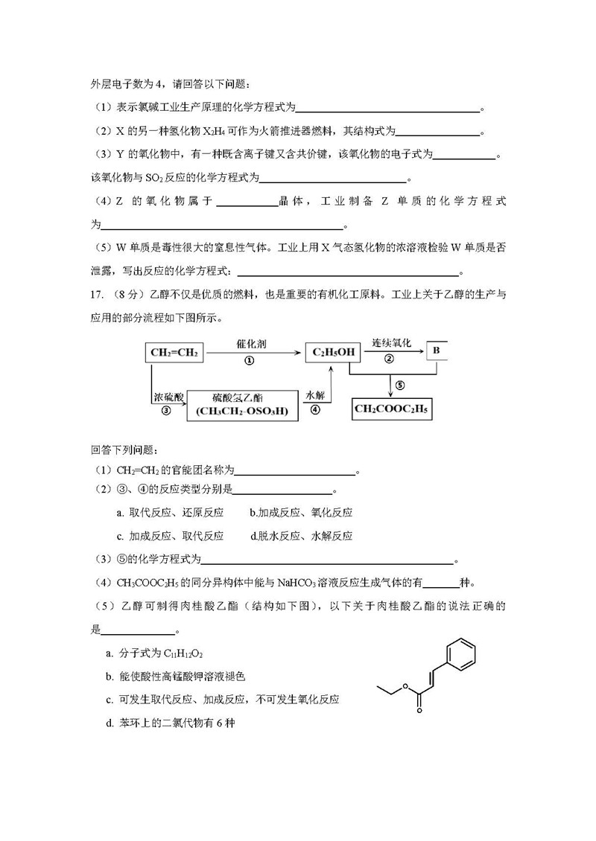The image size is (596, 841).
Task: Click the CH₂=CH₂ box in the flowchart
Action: [x=174, y=352]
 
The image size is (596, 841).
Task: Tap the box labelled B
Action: [x=437, y=350]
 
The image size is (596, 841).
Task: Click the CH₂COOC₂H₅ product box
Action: [x=393, y=409]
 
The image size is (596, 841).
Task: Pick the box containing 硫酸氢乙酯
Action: [x=243, y=406]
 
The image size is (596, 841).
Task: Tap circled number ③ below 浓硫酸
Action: [x=166, y=410]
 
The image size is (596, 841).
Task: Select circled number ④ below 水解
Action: [x=315, y=410]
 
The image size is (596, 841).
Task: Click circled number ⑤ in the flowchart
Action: [x=400, y=385]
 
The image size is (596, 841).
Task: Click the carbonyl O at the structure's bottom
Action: [x=419, y=712]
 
